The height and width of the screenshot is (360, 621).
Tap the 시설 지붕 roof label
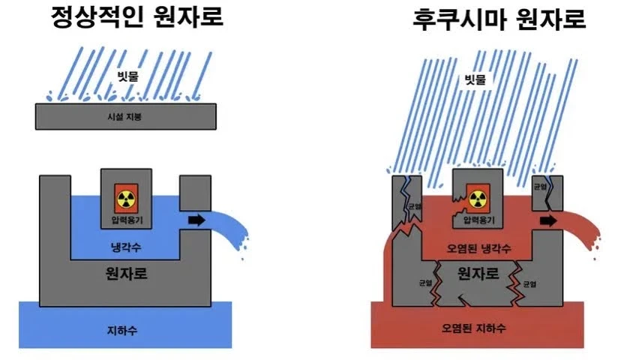tap(126, 117)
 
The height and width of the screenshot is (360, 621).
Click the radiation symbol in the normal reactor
tap(125, 199)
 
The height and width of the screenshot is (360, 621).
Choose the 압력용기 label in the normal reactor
tap(125, 219)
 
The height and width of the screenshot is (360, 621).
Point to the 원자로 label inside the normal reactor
tap(125, 274)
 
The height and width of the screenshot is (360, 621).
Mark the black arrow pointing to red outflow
tap(548, 220)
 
